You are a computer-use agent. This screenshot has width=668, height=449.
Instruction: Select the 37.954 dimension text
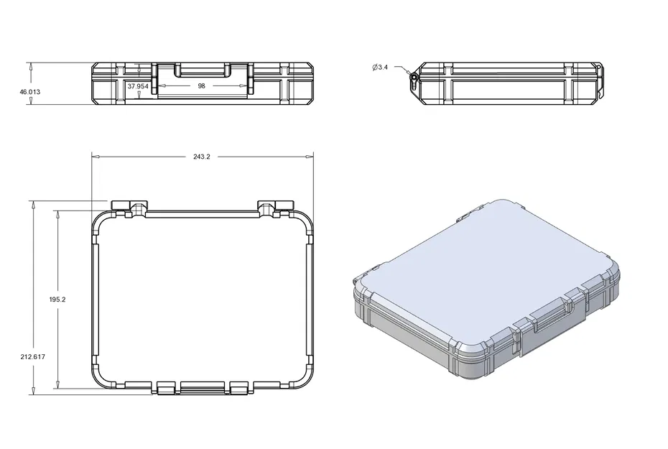[137, 85]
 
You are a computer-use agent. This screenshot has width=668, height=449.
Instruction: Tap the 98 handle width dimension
[201, 85]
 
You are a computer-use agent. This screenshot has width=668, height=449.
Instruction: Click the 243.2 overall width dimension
[202, 157]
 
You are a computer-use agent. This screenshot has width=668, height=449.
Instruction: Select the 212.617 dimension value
[33, 356]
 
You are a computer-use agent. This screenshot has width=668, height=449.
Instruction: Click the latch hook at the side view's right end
[600, 79]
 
